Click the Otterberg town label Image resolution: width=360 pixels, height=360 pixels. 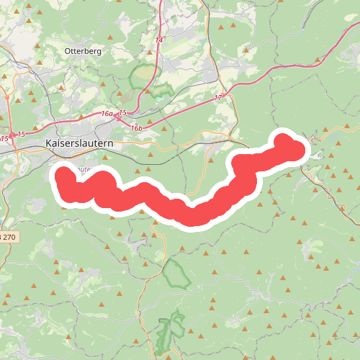(x=84, y=51)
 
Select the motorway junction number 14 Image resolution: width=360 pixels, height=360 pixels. (x=158, y=40)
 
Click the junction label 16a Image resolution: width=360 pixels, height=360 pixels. (x=107, y=114)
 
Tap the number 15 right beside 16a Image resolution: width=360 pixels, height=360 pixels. (x=122, y=113)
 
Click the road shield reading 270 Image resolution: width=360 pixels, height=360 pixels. (x=7, y=236)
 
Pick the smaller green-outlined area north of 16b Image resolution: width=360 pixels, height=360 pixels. (x=160, y=91)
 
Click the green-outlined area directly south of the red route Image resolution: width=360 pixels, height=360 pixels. (x=174, y=274)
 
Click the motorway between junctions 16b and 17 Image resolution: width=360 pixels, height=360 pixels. (x=180, y=112)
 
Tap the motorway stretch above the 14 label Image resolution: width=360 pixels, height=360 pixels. (x=159, y=14)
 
